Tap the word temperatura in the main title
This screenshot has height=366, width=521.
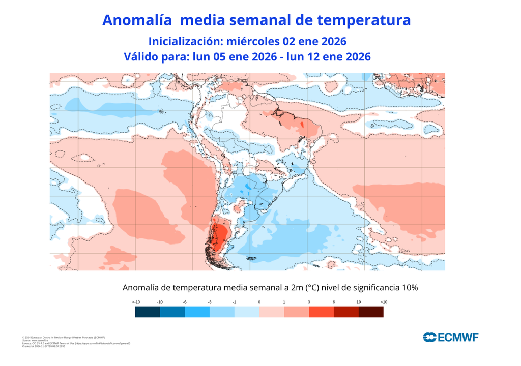pos(363,20)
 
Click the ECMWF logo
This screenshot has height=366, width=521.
pos(451,337)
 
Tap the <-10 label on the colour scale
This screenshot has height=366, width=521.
pos(136,302)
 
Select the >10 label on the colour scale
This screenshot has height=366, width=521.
pos(384,302)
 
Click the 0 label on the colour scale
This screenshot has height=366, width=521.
pos(259,302)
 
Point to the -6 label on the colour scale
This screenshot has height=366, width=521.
pos(185,302)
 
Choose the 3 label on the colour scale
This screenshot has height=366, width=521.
pos(309,302)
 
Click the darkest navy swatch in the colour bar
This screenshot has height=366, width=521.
pos(148,312)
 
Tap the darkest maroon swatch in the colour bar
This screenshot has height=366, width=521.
pos(371,312)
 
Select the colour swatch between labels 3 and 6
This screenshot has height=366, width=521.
pos(321,312)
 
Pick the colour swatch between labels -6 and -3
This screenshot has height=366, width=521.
pos(197,312)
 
